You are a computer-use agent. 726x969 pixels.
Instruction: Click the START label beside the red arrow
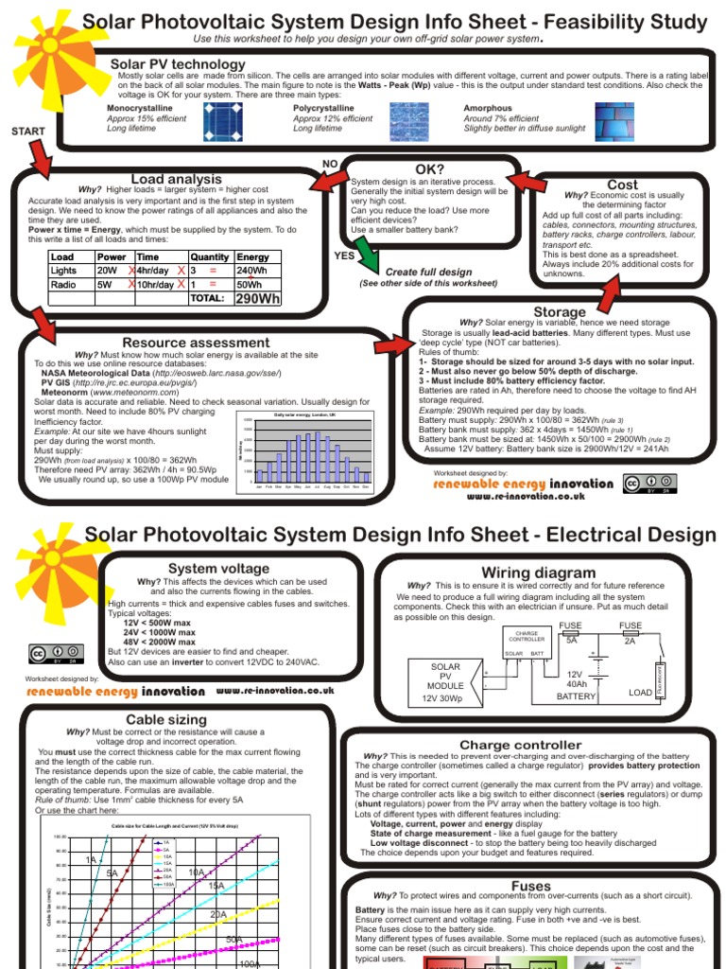point(27,131)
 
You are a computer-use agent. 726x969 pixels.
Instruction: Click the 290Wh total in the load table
point(257,299)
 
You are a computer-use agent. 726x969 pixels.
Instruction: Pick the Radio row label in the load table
point(63,284)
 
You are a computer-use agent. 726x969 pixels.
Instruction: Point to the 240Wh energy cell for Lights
point(251,271)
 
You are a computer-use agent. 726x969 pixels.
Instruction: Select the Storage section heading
point(560,311)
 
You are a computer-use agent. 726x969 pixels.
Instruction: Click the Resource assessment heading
point(196,343)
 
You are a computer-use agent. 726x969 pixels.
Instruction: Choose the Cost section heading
point(622,185)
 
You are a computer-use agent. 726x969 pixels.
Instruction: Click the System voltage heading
point(206,568)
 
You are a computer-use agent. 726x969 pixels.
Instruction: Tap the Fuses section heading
point(530,886)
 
